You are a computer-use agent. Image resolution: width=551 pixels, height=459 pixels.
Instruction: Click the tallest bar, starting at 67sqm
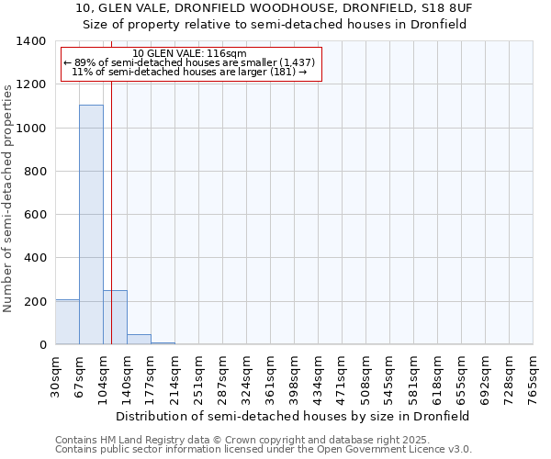tap(91, 225)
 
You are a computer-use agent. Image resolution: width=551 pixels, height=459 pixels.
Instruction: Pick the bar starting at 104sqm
tap(115, 318)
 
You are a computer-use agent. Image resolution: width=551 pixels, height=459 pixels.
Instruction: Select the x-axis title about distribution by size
tap(292, 416)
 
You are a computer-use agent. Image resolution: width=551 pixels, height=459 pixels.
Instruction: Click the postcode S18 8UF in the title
tap(447, 8)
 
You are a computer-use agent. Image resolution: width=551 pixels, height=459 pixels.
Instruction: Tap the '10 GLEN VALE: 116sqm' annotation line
tap(190, 54)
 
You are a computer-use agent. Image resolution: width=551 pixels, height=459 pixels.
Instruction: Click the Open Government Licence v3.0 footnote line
tap(264, 450)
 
